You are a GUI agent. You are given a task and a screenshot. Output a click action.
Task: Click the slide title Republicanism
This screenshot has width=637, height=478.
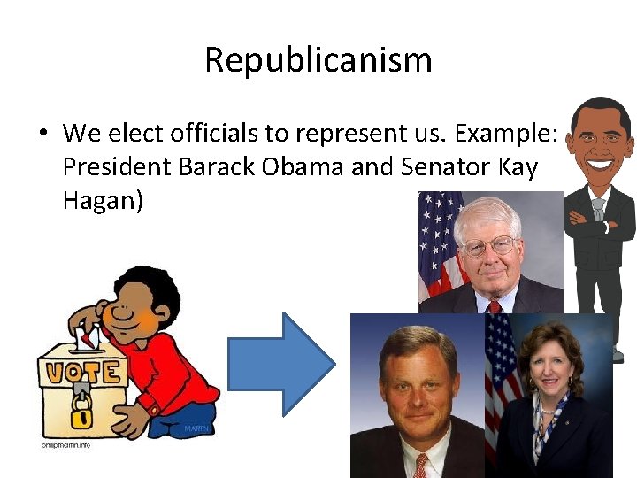coord(318,60)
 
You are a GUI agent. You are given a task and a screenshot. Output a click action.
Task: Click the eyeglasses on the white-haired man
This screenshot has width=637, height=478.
coord(488,244)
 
